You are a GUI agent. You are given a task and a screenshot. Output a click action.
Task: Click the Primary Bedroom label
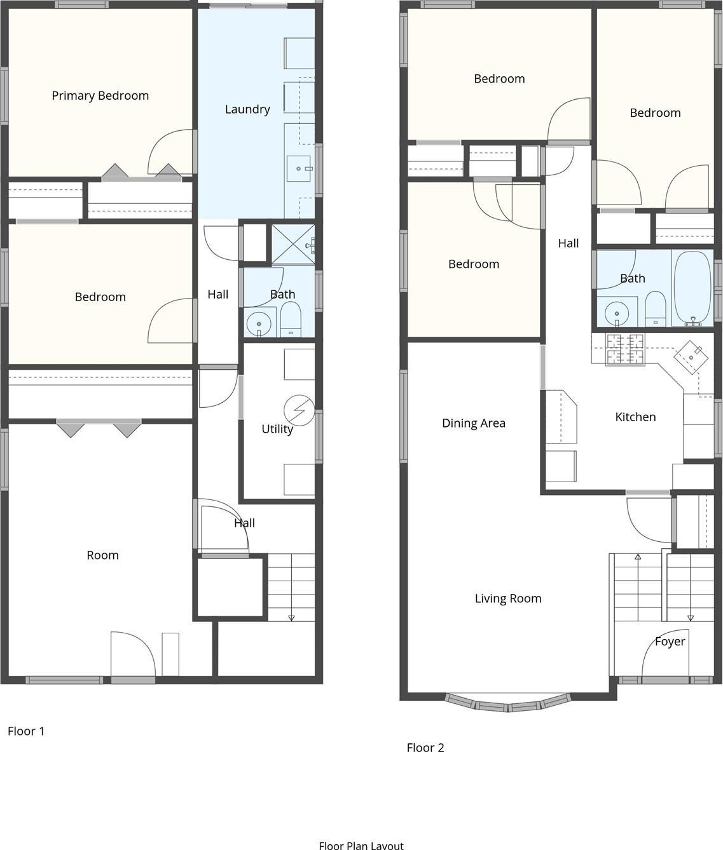(100, 96)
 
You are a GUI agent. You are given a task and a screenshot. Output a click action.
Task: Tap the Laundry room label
(247, 109)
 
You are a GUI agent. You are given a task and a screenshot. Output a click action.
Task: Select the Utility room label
(277, 429)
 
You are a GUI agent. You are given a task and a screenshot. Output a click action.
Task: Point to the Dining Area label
(474, 423)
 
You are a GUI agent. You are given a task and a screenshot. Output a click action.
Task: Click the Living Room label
(508, 598)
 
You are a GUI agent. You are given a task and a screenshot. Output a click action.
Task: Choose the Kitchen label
(635, 417)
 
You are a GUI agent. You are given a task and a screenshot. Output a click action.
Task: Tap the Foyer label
(670, 642)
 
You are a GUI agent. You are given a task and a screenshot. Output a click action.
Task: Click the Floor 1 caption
(26, 731)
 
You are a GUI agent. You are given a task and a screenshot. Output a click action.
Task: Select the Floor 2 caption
(425, 748)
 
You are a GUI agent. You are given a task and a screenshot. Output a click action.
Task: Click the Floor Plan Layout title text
(361, 845)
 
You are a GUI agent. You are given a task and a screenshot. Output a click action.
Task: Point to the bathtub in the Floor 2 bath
(692, 289)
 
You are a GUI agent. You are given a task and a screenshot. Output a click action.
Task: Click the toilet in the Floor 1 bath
(291, 320)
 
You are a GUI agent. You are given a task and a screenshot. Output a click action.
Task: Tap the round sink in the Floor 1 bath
(259, 323)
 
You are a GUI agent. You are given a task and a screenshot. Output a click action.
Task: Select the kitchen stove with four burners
(624, 349)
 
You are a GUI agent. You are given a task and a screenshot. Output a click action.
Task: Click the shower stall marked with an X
(293, 244)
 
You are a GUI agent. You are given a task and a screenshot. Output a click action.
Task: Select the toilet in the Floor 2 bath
(654, 307)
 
